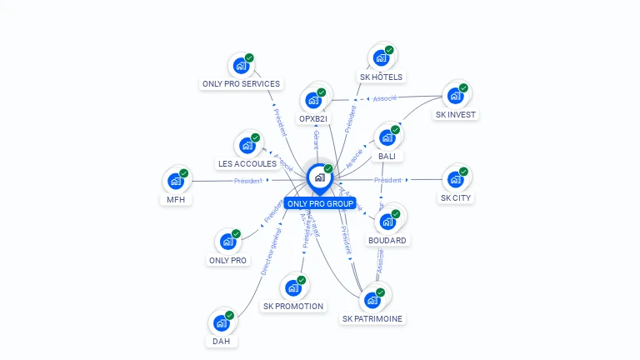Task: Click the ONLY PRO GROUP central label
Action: (320, 203)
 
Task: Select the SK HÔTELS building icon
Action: (381, 58)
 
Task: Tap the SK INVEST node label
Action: (456, 114)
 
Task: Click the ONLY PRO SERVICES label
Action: (241, 83)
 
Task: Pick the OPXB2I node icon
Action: (314, 100)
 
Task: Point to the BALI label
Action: (387, 156)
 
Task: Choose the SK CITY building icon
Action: (455, 179)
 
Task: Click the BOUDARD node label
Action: (387, 240)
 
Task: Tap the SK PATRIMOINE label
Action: (372, 318)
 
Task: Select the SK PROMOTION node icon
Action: (292, 287)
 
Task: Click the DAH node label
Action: (221, 341)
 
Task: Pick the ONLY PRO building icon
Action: (227, 242)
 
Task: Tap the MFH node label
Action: (175, 199)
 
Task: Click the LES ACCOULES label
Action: (247, 163)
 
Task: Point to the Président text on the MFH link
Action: (247, 180)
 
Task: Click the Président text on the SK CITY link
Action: (387, 180)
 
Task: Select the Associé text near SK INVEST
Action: (384, 98)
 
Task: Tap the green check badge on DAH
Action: (230, 315)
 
